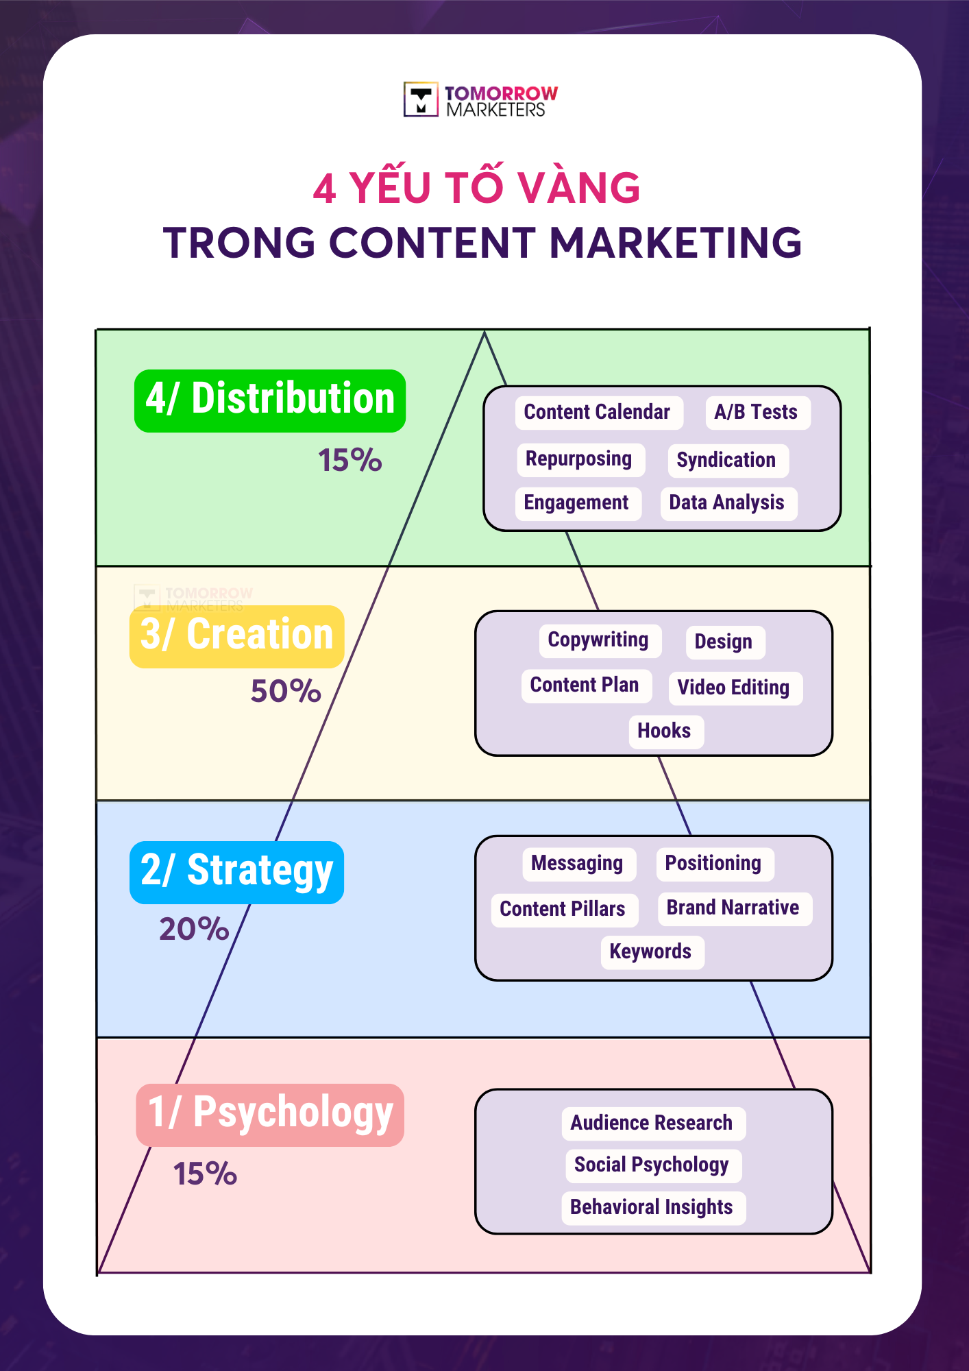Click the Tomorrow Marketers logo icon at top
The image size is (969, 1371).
pos(421,100)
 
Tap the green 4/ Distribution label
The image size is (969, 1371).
pos(270,400)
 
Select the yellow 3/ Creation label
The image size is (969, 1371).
pos(236,636)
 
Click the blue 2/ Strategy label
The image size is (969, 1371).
pos(236,872)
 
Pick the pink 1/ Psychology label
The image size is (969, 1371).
pos(270,1115)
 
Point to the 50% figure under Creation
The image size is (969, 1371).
pos(286,691)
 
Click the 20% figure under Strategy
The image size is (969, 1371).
pos(194,930)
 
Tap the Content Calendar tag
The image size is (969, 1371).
pos(598,413)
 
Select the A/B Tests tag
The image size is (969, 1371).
pos(757,413)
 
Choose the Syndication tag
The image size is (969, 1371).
pos(726,460)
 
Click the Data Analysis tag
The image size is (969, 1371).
pos(727,503)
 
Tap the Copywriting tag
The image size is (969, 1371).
pos(598,640)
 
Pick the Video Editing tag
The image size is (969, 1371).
pos(734,688)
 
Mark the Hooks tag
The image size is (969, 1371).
pos(665,731)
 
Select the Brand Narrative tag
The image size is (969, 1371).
pos(733,908)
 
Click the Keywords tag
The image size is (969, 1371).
pos(651,952)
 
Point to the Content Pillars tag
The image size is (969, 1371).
pos(563,910)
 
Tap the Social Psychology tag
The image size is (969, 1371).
pos(652,1165)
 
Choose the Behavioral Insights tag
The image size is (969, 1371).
pos(652,1208)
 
